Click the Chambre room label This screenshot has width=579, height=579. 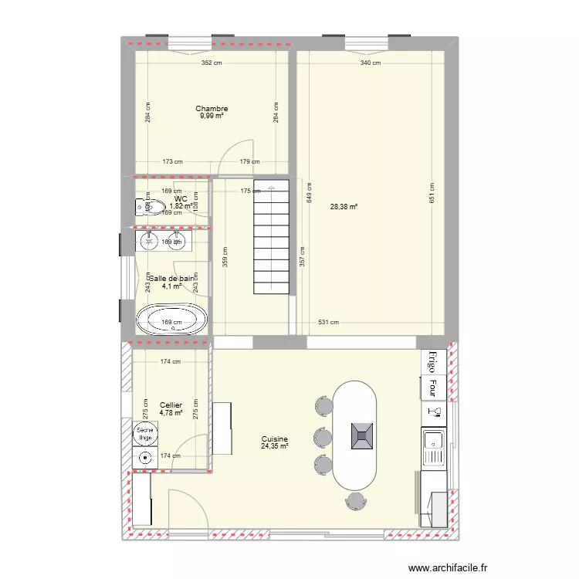coord(212,109)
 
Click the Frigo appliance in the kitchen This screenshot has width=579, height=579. coord(434,361)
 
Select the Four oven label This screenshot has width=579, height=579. coord(434,388)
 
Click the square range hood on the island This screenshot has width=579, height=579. coord(361,436)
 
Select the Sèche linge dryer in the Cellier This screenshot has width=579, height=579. coord(144,434)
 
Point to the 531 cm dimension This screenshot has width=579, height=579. coord(329,323)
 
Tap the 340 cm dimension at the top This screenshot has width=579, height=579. coord(371,64)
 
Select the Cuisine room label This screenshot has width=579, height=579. coord(274,439)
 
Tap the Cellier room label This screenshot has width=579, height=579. coord(171,405)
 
